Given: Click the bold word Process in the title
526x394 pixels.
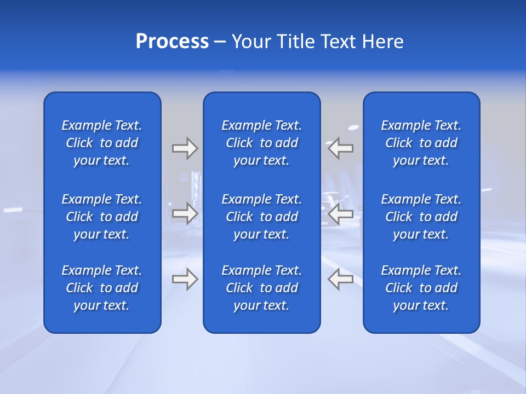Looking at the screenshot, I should point(172,42).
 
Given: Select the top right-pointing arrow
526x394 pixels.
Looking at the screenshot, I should point(185,148).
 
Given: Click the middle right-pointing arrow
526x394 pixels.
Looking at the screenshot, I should point(185,213).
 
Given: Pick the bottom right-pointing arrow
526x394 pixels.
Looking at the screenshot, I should point(185,279).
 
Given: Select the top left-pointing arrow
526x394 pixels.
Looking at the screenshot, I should point(341,148).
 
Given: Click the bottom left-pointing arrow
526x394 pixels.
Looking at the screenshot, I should point(341,279).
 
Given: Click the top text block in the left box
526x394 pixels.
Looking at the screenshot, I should point(102,143).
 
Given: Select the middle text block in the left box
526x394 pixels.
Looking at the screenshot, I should point(102,217).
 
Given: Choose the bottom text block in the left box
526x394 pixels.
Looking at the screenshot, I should point(102,288).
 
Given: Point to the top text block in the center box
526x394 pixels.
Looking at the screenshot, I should point(262,143).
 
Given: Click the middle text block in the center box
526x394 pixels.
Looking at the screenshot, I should point(262,217).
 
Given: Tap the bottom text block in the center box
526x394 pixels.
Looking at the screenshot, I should point(262,288).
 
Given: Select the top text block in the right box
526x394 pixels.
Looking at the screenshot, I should point(421,143).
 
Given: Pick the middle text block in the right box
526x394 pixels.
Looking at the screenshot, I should point(421,217).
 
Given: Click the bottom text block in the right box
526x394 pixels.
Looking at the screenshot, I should point(421,288).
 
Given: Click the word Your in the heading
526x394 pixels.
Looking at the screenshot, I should point(252,42).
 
